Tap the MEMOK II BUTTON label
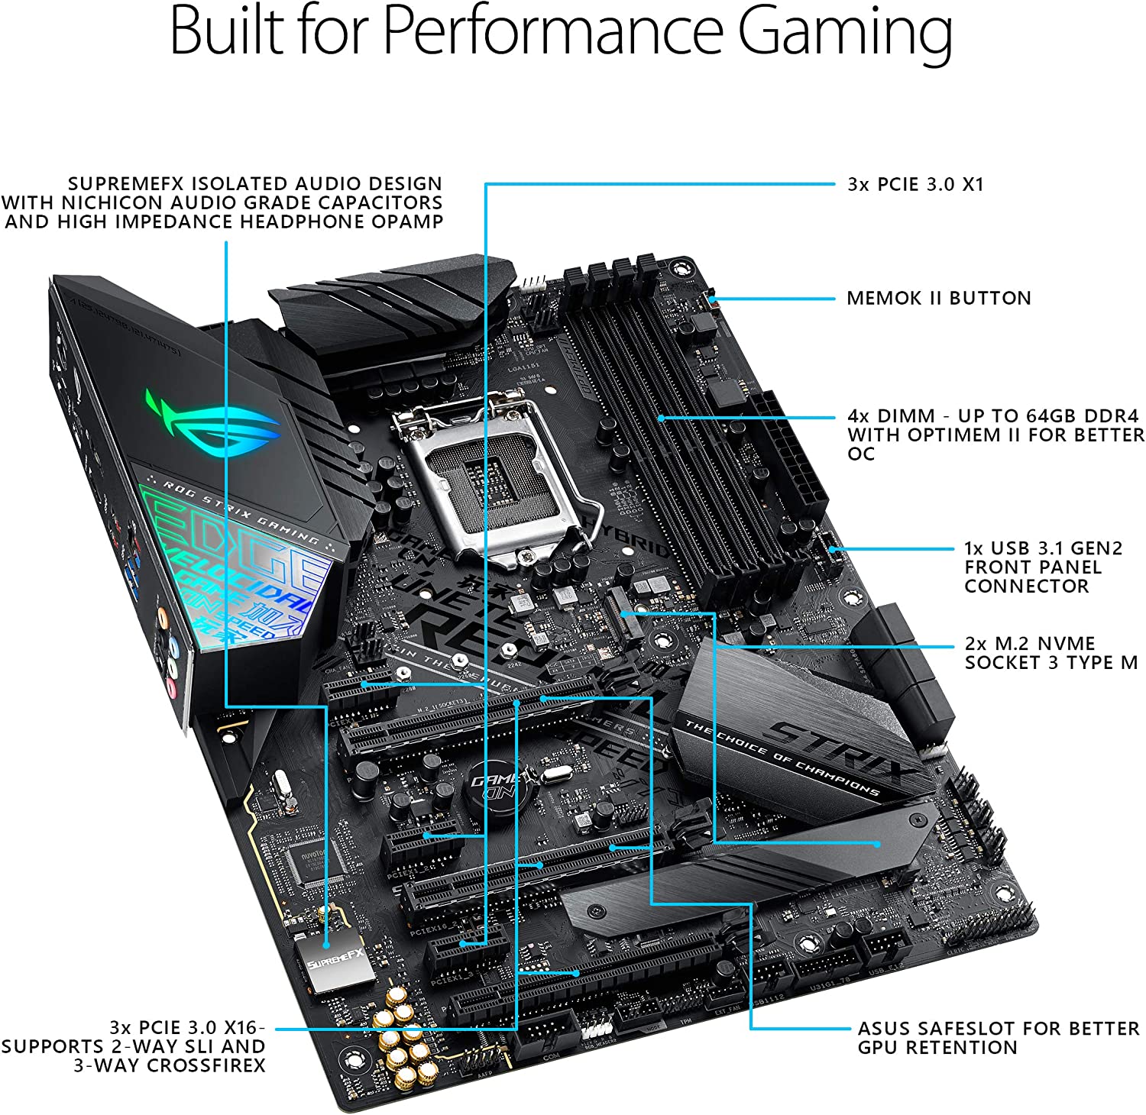[x=938, y=299]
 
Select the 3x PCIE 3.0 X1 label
[x=915, y=185]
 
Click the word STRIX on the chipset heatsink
[x=833, y=749]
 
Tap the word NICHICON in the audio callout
[x=110, y=203]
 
